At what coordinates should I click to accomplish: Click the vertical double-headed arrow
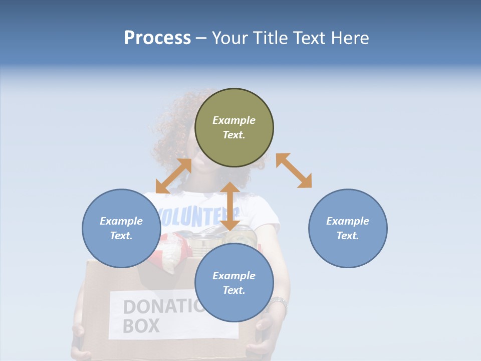(230, 206)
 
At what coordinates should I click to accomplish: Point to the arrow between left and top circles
(173, 176)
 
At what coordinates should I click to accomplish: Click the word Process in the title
(157, 38)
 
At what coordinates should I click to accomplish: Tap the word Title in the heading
(269, 38)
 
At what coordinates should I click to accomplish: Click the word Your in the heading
(230, 38)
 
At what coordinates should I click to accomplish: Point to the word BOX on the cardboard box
(141, 325)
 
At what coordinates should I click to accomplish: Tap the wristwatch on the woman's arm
(279, 303)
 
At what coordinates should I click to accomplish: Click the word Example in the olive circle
(234, 120)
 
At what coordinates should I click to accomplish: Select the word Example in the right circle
(348, 221)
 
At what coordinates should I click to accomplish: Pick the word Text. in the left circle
(121, 236)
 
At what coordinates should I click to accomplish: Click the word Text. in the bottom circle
(234, 290)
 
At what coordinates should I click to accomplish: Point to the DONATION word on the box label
(160, 307)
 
